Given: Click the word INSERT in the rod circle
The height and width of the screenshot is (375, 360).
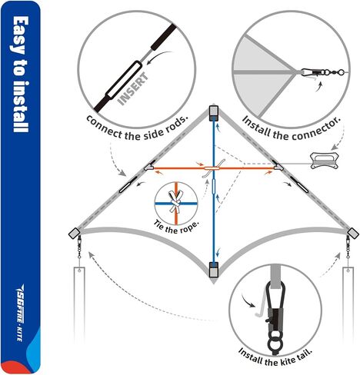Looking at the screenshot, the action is tap(133, 89).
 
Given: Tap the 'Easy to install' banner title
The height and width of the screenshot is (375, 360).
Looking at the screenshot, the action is tap(20, 75).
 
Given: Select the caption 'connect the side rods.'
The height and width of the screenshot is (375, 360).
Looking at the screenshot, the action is tap(137, 129).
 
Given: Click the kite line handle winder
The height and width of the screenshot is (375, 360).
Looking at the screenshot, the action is tap(325, 161).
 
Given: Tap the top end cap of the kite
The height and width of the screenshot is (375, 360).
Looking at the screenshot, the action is tap(214, 113).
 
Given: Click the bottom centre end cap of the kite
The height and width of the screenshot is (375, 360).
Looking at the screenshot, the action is tap(214, 270).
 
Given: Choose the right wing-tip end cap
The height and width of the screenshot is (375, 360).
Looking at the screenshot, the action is tap(353, 233).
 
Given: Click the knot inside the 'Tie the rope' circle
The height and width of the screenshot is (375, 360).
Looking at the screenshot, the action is tap(175, 202).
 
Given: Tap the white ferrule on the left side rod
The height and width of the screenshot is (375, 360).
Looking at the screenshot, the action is tap(128, 184).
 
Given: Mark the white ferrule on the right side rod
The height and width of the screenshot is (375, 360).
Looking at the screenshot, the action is tap(299, 184).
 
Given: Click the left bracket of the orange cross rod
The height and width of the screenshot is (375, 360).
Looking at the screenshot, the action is tap(149, 166).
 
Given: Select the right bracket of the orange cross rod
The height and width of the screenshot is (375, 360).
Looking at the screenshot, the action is tap(278, 166).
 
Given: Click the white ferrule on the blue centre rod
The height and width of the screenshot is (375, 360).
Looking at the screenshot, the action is tap(214, 187).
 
